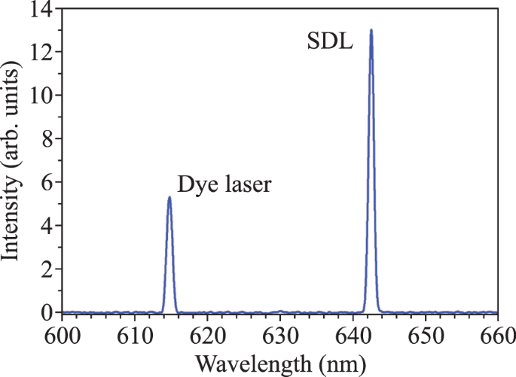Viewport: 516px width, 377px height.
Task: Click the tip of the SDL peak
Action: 371,31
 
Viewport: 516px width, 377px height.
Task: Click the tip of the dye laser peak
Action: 169,197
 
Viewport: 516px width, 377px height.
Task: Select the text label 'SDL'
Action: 328,41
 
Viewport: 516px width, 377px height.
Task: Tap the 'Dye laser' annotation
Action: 224,184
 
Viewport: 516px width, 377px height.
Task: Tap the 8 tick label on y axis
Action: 47,139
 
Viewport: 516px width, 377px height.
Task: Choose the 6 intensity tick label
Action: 47,182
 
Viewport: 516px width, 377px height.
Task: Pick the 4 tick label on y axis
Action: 47,225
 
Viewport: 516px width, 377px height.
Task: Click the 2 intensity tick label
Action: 47,269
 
